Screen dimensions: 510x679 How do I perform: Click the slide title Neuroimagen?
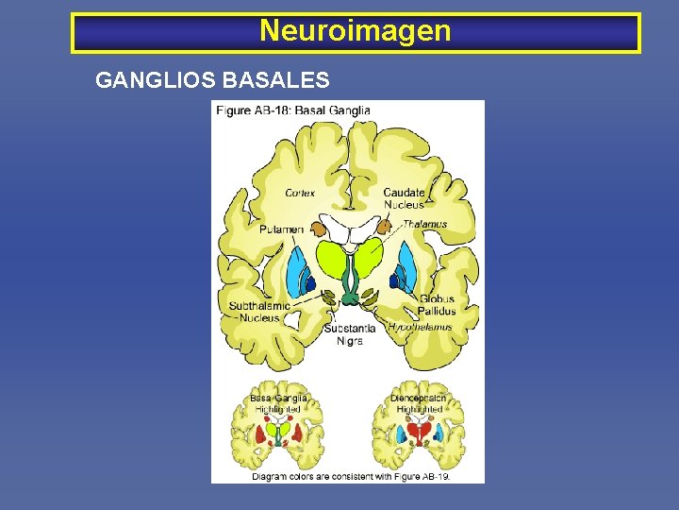tap(356, 31)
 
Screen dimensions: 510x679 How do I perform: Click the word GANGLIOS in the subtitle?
tap(155, 80)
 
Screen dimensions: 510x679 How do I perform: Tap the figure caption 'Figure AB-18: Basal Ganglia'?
tap(293, 110)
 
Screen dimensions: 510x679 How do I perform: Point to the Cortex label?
tap(300, 193)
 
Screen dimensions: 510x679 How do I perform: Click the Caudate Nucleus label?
tap(404, 198)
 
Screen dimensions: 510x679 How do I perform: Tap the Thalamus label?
tap(426, 224)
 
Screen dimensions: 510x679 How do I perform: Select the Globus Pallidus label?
tap(438, 305)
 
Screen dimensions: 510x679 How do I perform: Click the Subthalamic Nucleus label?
tap(258, 312)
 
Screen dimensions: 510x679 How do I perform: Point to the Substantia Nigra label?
tap(349, 333)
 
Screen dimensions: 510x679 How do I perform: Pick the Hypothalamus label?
tap(420, 326)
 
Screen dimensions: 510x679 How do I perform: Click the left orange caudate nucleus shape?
tap(318, 227)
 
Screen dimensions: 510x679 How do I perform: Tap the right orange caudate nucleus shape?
tap(384, 227)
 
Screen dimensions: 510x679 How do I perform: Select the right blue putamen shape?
tap(407, 267)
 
